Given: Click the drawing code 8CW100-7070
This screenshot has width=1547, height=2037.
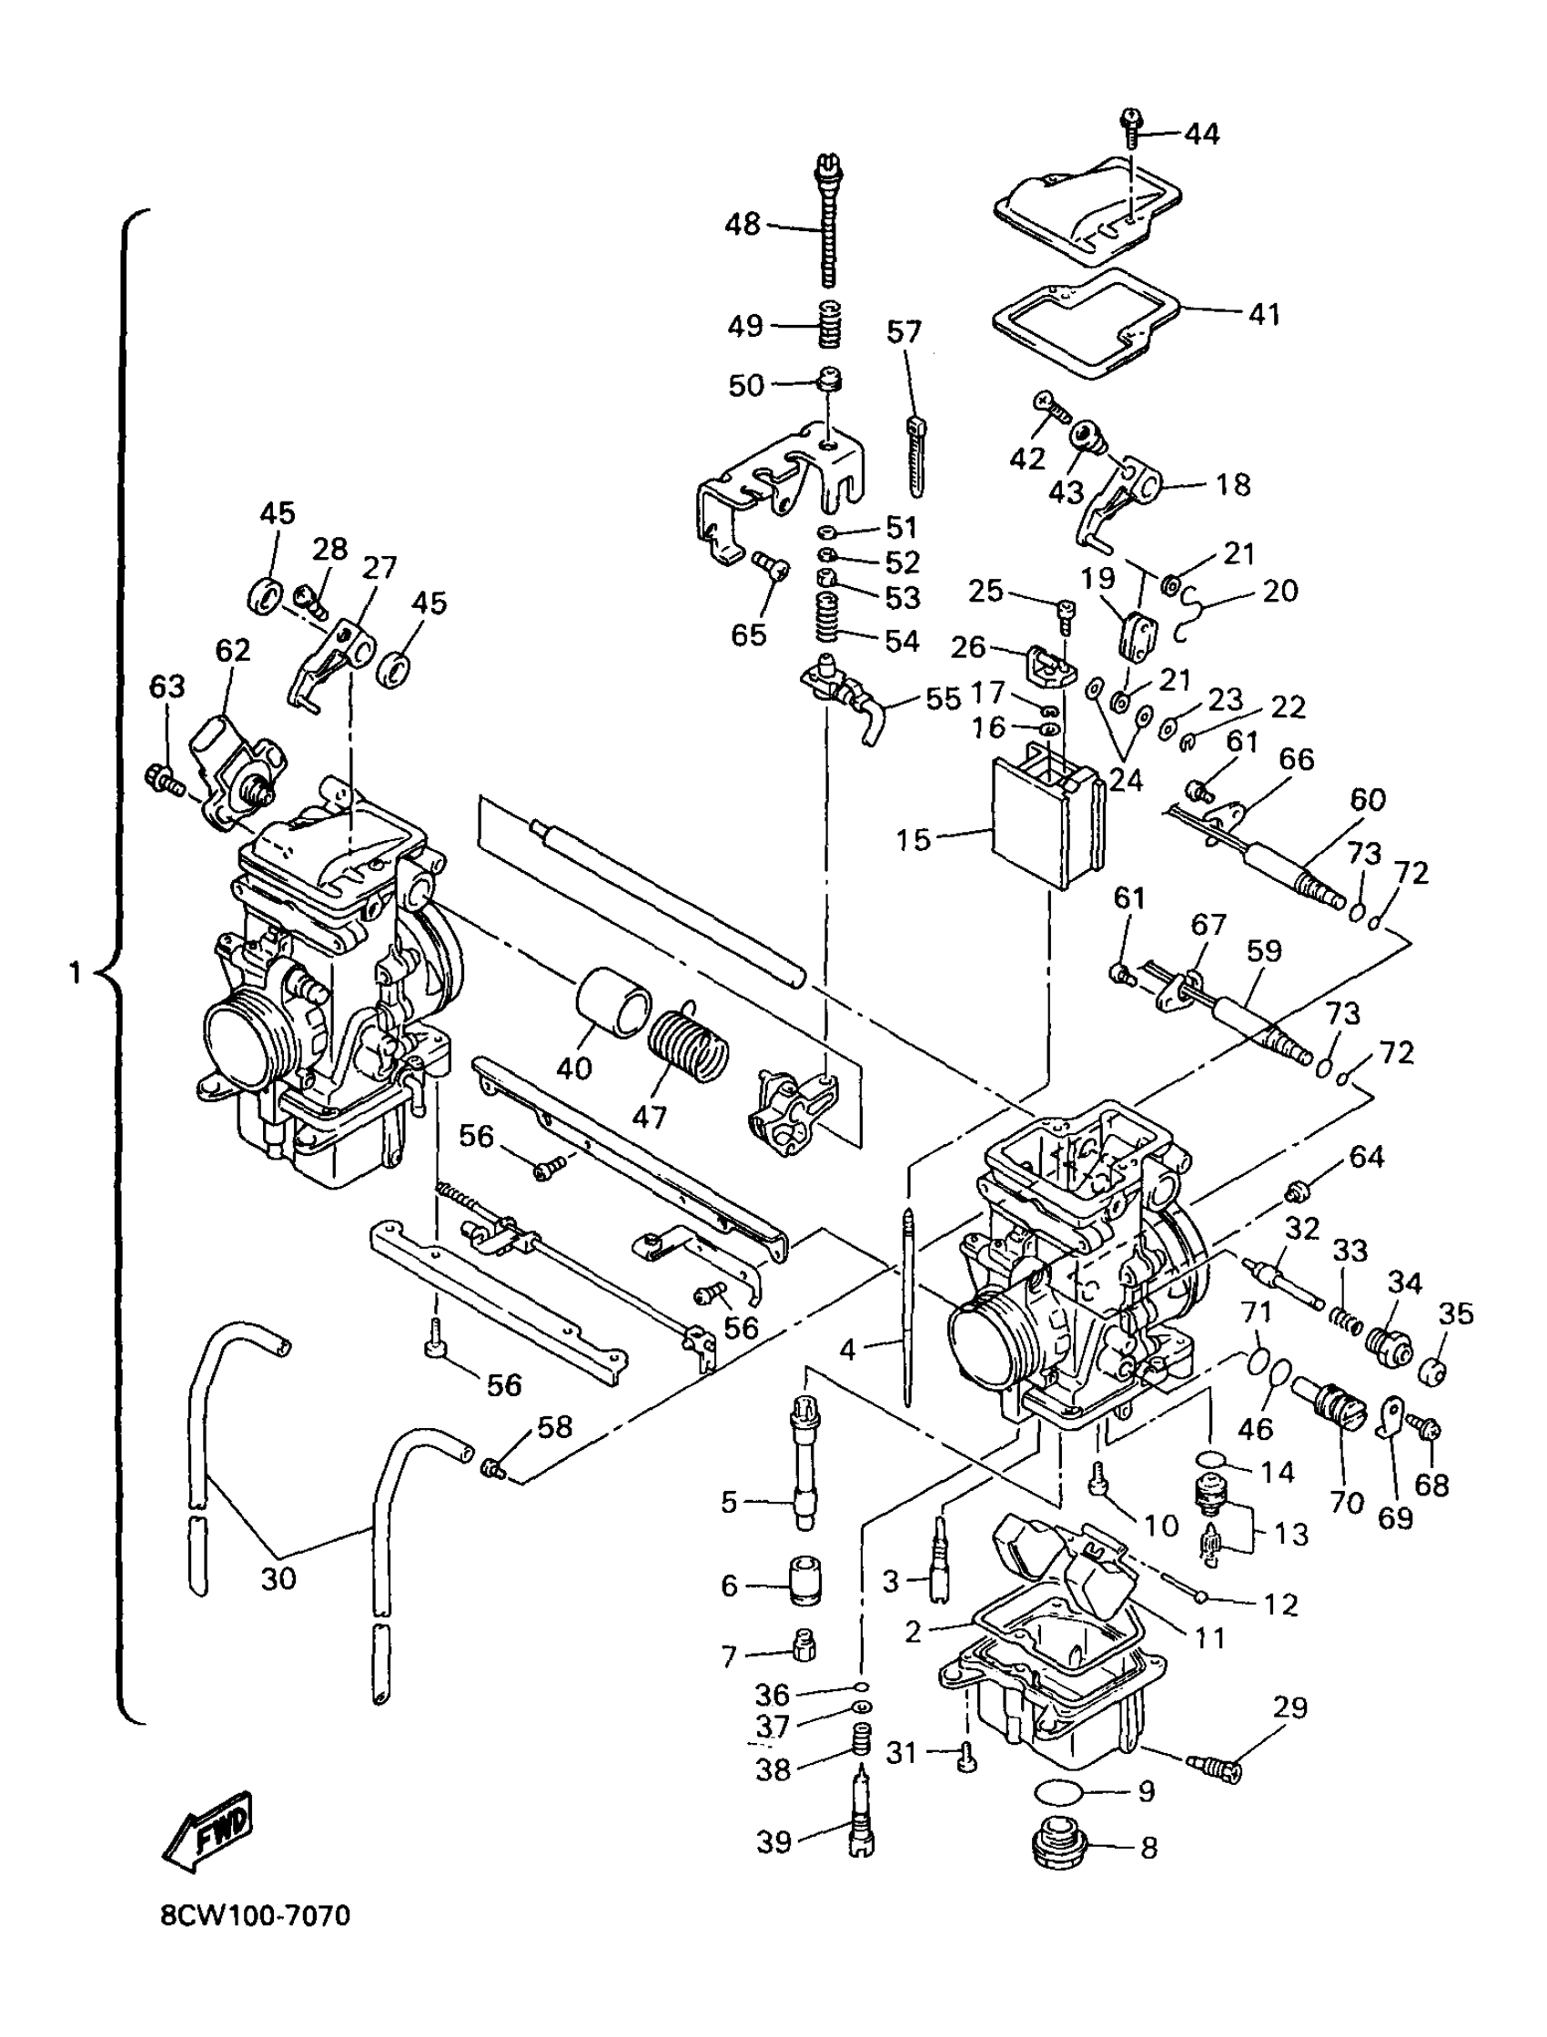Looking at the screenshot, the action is click(x=255, y=1942).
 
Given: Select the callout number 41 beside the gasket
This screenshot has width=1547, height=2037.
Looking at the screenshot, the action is click(x=1263, y=314).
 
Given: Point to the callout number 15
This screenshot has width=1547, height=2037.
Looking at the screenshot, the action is click(x=914, y=839).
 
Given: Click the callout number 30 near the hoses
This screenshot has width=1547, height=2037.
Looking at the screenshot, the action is click(x=278, y=1578).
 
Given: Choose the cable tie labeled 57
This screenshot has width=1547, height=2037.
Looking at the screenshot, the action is click(x=916, y=455).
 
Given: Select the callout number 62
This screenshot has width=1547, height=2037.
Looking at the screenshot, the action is click(x=232, y=650).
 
